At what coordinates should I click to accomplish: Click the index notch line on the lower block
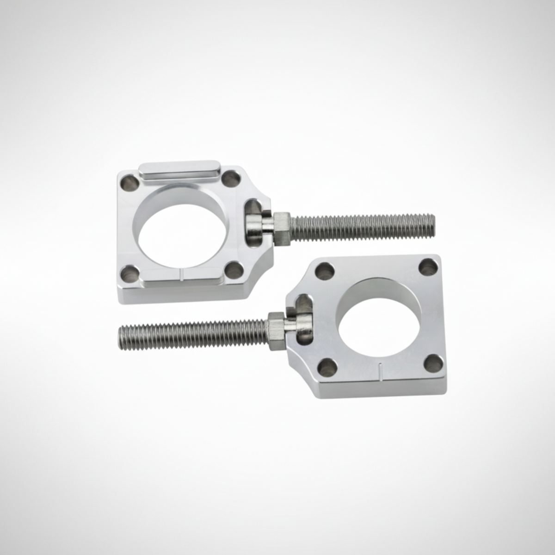[380, 371]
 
